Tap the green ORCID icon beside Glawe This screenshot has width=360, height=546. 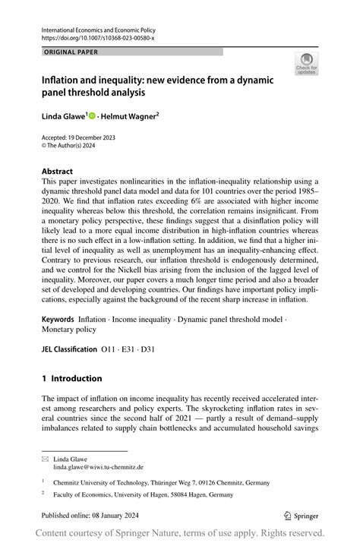point(92,116)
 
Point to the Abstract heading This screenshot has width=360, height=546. point(58,172)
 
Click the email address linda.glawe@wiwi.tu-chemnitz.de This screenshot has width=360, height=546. point(98,467)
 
